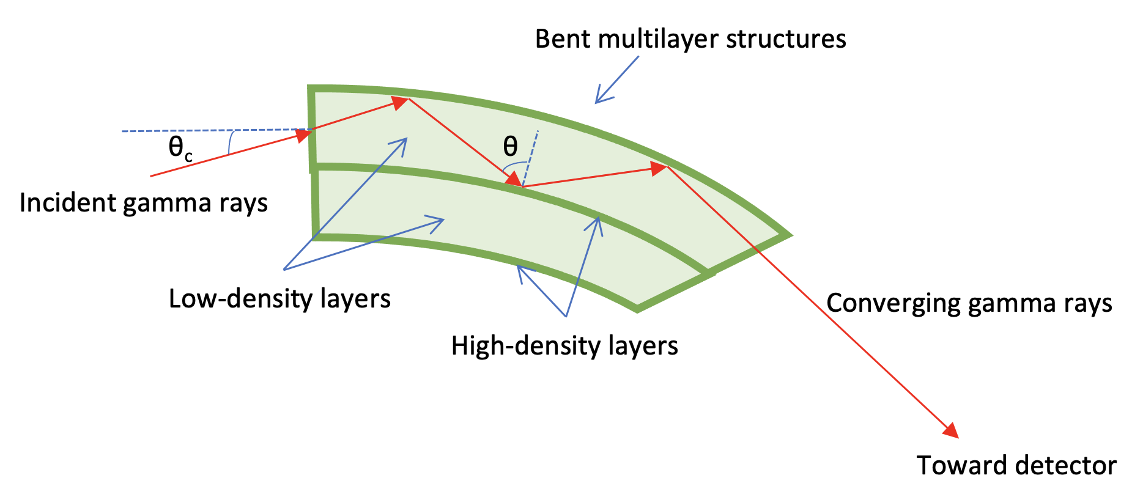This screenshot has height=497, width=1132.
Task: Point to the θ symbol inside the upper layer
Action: [x=510, y=146]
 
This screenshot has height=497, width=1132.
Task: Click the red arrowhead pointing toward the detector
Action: [x=951, y=430]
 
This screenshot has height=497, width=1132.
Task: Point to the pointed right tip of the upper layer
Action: [x=787, y=234]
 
